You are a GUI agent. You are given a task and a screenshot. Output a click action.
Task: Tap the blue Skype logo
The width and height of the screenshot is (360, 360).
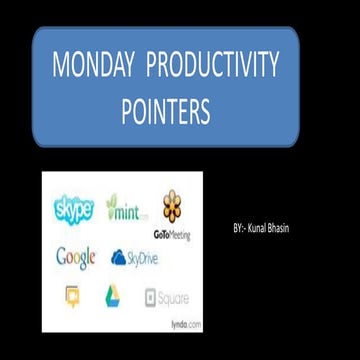[73, 210]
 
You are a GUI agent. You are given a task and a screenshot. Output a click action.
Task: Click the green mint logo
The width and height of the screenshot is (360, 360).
[127, 212]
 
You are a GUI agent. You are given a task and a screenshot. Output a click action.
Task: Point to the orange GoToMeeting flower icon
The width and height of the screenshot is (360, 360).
[173, 206]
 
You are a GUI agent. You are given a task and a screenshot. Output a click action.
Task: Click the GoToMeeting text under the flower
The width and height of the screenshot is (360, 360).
[173, 230]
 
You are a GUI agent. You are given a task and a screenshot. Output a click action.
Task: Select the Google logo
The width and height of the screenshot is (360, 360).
[75, 257]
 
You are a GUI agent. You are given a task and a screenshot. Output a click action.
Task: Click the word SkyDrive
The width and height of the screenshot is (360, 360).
[142, 258]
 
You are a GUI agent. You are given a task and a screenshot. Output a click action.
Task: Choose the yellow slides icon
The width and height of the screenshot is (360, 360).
[71, 295]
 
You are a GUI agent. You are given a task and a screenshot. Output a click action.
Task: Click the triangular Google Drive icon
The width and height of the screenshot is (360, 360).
[112, 295]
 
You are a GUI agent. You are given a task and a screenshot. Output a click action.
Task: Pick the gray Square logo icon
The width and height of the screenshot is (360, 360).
[151, 297]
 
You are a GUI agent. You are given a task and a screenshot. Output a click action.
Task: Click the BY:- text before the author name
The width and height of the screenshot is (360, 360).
[237, 229]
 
